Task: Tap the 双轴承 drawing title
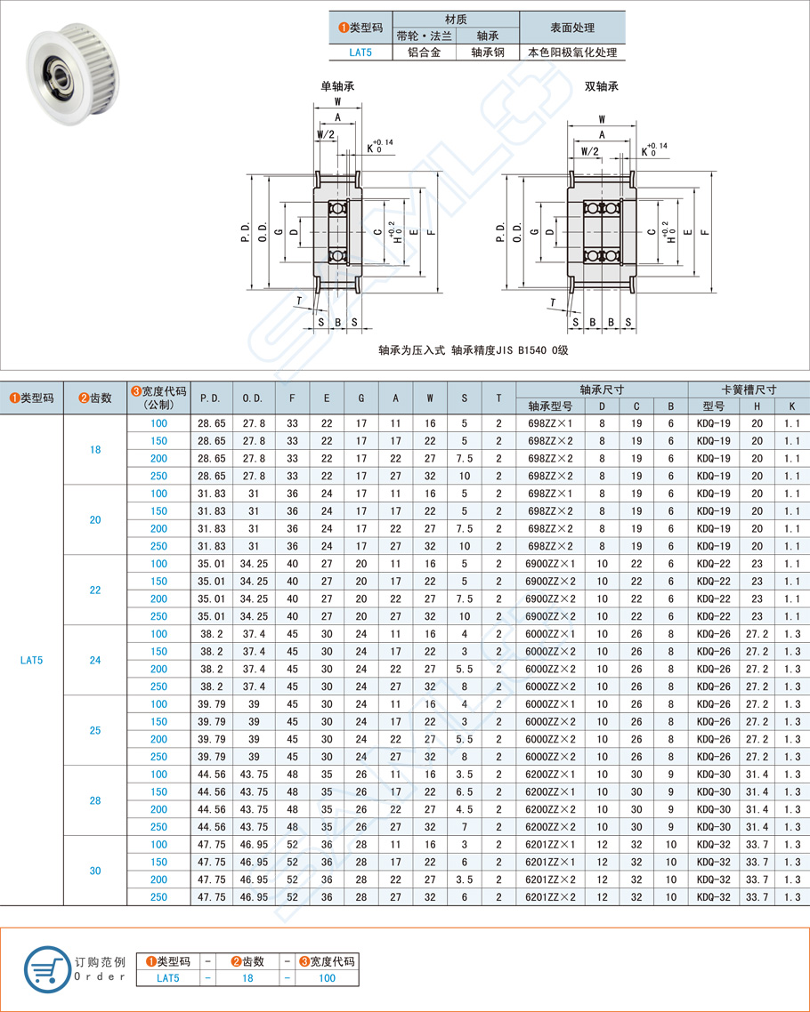coord(601,86)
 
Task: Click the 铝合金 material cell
coord(424,52)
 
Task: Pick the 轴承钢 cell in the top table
coord(487,52)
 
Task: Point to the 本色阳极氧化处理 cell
coord(571,52)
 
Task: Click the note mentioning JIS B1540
coord(473,350)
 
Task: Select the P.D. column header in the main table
coord(211,398)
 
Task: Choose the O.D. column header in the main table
coord(253,398)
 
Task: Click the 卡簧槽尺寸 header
coord(749,390)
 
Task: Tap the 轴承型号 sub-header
coord(550,406)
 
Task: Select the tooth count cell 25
coord(95,731)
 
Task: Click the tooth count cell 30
coord(95,871)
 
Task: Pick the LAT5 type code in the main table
coord(32,661)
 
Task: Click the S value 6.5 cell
coord(464,792)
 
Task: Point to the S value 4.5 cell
coord(464,810)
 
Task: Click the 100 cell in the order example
coord(327,978)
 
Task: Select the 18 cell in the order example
coord(247,978)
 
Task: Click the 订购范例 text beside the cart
coord(100,961)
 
